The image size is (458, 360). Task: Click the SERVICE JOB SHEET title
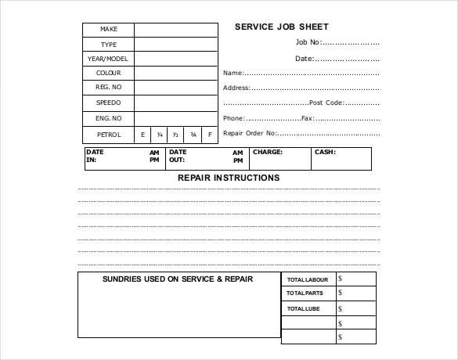click(x=281, y=27)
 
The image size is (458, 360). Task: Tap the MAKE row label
click(x=108, y=30)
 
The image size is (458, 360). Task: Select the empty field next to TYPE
click(x=175, y=45)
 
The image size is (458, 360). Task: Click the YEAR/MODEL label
click(x=108, y=59)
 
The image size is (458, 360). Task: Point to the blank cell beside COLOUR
click(x=175, y=74)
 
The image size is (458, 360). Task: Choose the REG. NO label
click(x=108, y=88)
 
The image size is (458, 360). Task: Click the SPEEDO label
click(x=108, y=103)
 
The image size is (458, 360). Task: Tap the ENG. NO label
click(x=108, y=118)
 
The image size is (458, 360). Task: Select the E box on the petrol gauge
click(x=142, y=135)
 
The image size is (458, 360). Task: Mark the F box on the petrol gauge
click(x=209, y=135)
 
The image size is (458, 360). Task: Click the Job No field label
click(x=308, y=42)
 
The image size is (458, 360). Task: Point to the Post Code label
click(x=327, y=103)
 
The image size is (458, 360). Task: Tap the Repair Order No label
click(x=250, y=133)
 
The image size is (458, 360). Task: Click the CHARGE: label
click(x=268, y=153)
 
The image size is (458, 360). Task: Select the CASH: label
click(x=325, y=153)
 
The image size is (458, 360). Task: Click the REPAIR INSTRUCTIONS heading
click(x=229, y=178)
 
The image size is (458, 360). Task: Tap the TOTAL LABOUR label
click(x=308, y=279)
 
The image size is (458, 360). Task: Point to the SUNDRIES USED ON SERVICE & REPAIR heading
click(x=178, y=279)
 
